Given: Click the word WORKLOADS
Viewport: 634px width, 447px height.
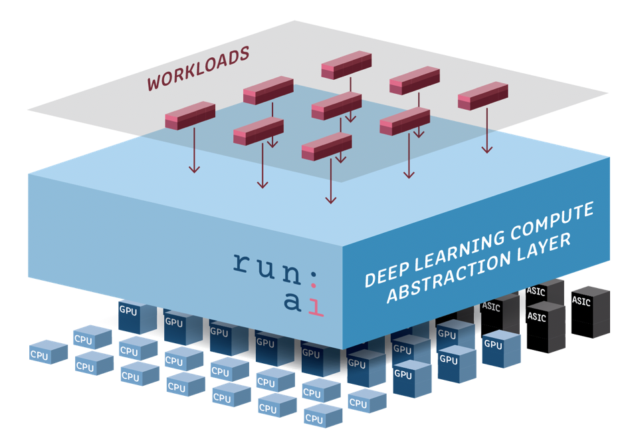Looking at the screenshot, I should pyautogui.click(x=198, y=68).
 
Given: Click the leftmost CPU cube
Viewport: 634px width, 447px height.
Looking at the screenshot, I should pyautogui.click(x=48, y=353).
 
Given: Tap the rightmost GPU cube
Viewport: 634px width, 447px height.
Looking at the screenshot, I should pyautogui.click(x=500, y=349).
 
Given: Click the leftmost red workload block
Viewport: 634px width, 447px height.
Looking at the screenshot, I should pyautogui.click(x=190, y=115).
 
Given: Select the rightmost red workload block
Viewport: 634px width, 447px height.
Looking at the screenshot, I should pyautogui.click(x=482, y=96).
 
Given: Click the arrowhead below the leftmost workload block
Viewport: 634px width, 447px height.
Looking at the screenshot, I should pyautogui.click(x=194, y=170).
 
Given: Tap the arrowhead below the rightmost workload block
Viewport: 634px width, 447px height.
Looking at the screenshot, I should pyautogui.click(x=488, y=149).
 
